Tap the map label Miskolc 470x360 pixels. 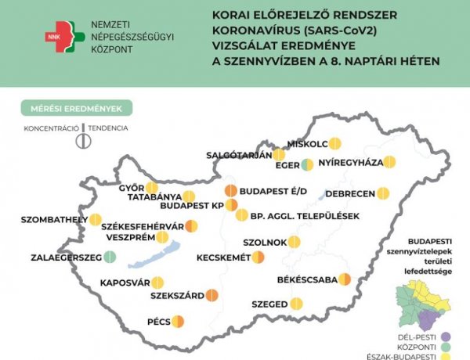[x=307, y=143]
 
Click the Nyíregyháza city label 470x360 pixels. [x=349, y=163]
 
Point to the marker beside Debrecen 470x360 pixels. [x=382, y=193]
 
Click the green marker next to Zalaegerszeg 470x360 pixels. [x=110, y=256]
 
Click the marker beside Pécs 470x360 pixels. [x=178, y=321]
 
